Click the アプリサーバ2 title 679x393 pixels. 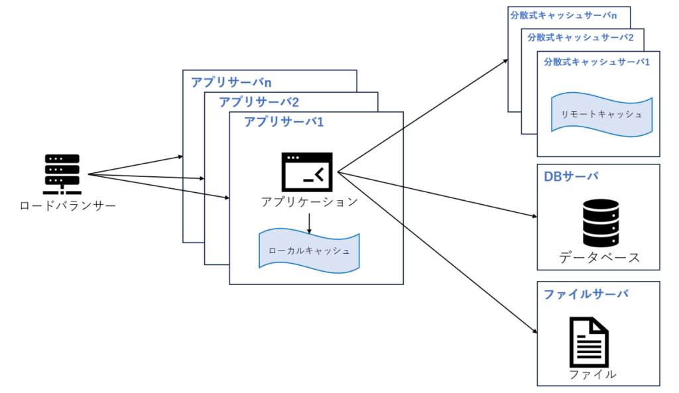point(259,102)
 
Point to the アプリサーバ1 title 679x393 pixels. point(284,122)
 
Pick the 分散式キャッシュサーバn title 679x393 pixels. point(568,15)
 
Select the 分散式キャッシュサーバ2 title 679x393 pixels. point(580,38)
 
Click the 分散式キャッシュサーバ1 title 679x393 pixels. point(597,62)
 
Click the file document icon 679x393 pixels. point(589,341)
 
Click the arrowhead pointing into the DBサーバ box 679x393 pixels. point(534,217)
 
